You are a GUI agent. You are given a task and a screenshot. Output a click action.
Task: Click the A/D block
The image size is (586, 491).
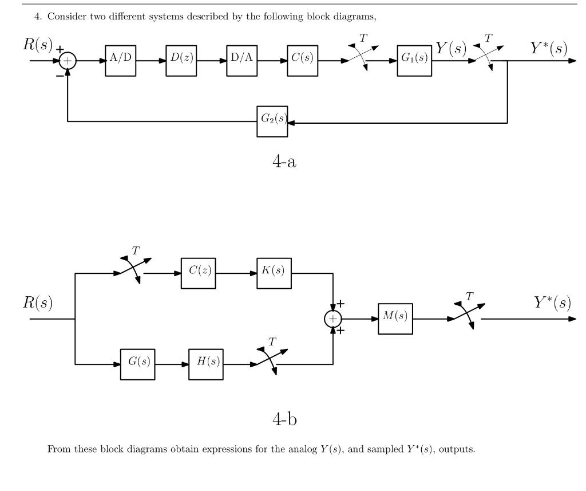120,61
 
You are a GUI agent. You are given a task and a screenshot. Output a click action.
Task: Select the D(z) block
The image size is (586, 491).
181,61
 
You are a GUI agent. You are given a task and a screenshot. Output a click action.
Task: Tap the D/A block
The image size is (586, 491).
242,61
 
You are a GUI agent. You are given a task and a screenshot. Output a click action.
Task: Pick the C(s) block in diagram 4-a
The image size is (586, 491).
303,61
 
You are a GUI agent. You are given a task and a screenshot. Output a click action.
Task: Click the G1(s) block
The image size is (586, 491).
414,61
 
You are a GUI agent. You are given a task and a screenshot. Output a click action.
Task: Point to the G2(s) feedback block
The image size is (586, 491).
272,121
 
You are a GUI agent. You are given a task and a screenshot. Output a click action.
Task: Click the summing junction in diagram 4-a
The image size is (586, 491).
68,61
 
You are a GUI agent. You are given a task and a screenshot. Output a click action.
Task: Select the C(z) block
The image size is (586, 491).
199,273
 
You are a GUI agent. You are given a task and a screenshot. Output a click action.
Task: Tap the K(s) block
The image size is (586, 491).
274,273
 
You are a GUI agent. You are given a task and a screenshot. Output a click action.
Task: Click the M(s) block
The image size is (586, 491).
395,319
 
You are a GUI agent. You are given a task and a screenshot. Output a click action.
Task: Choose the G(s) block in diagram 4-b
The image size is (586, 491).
137,364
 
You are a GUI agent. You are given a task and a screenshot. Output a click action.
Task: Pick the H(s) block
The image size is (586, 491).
206,364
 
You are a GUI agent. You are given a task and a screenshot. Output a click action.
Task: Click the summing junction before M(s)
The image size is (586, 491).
332,319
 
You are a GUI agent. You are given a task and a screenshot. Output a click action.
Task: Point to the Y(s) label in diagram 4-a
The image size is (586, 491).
451,48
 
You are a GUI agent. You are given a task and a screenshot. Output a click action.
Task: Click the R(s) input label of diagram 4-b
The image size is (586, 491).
38,303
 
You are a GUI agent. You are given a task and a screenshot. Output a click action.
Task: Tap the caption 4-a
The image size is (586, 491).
284,162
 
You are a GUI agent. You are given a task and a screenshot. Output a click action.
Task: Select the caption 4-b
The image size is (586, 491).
285,419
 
